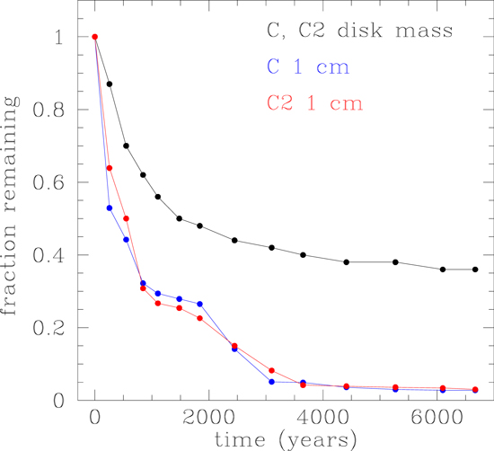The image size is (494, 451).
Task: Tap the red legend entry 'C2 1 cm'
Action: [x=313, y=103]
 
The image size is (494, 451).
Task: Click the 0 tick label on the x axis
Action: [x=94, y=418]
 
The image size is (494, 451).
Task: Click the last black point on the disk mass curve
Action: [x=475, y=270]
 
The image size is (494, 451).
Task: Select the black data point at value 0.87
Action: [x=110, y=84]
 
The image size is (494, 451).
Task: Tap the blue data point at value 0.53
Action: [x=110, y=208]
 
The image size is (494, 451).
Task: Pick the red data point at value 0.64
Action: [x=110, y=168]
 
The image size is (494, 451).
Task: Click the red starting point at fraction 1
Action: [x=94, y=37]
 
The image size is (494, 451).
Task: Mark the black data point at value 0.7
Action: [x=126, y=146]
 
